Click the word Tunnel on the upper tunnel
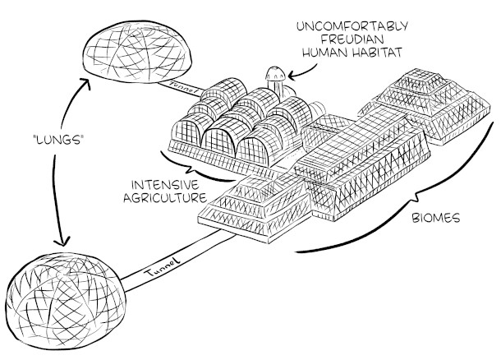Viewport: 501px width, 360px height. tap(179, 84)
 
